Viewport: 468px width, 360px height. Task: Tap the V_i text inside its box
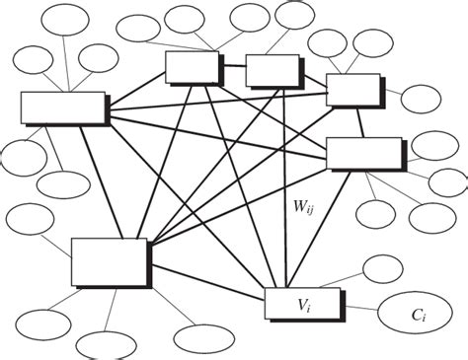pyautogui.click(x=302, y=305)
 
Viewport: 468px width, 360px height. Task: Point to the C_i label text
pyautogui.click(x=419, y=316)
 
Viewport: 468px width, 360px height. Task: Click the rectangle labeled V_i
pyautogui.click(x=302, y=304)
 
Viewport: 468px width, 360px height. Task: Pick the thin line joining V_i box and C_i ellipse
pyautogui.click(x=359, y=307)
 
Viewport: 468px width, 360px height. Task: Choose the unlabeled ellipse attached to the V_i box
pyautogui.click(x=382, y=267)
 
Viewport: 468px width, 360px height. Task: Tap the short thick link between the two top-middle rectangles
pyautogui.click(x=233, y=69)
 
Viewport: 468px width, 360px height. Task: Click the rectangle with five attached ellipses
pyautogui.click(x=63, y=109)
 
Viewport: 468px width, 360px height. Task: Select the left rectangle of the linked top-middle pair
pyautogui.click(x=192, y=67)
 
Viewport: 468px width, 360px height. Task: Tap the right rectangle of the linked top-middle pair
pyautogui.click(x=272, y=70)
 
